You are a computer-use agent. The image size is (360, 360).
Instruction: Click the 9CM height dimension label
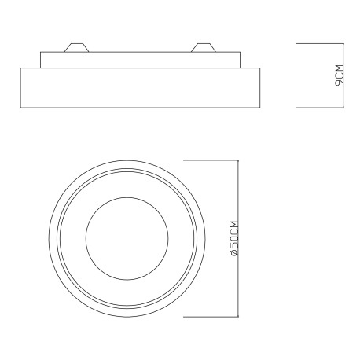tap(339, 75)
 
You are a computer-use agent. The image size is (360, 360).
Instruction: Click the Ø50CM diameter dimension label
tap(234, 238)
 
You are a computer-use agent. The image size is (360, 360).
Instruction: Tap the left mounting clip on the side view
tap(76, 47)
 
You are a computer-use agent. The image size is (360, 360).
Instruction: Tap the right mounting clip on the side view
tap(204, 47)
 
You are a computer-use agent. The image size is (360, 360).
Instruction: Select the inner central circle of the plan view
tap(127, 197)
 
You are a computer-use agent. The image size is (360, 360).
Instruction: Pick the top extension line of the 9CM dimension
tap(319, 43)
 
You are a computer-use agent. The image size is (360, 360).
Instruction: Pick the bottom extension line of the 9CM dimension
tap(319, 108)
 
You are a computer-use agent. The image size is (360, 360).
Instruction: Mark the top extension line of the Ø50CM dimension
tap(211, 160)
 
